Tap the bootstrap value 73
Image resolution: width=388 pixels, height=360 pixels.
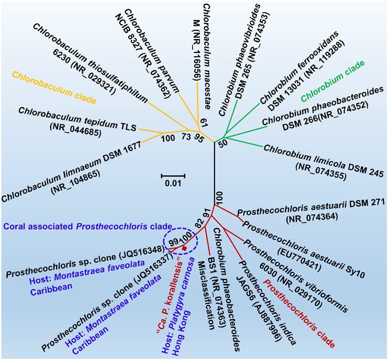(185, 137)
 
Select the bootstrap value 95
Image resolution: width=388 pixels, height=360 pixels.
(199, 137)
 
